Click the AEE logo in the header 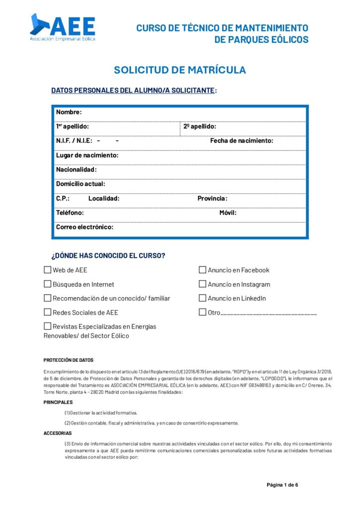click(x=63, y=27)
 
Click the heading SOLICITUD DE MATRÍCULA click(x=180, y=70)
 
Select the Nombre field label click(x=69, y=112)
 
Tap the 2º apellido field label click(x=199, y=127)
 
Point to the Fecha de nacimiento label click(x=242, y=141)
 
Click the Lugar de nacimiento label click(x=87, y=155)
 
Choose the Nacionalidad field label click(x=76, y=170)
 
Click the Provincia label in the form click(x=212, y=198)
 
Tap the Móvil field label click(x=228, y=213)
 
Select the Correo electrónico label click(x=85, y=227)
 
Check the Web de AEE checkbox click(x=48, y=270)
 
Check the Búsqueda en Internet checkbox click(x=48, y=284)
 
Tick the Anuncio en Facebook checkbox click(x=202, y=270)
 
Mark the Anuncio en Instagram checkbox click(x=202, y=284)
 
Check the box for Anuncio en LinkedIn click(x=202, y=298)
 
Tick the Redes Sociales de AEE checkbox click(x=48, y=313)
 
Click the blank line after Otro click(x=269, y=314)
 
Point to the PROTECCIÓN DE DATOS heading click(x=68, y=360)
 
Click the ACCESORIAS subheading click(x=58, y=433)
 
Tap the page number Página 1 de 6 click(x=282, y=485)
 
